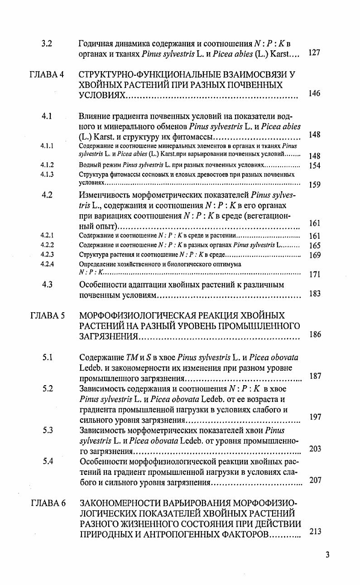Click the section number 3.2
point(47,44)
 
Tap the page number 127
point(314,53)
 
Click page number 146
point(314,93)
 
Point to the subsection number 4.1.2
point(47,165)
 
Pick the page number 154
point(314,166)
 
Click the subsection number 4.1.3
point(47,174)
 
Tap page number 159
point(314,184)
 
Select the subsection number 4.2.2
point(47,245)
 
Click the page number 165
point(314,246)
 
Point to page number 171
point(314,274)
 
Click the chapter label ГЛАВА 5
point(48,315)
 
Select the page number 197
point(315,417)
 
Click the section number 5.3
point(48,430)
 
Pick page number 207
point(315,480)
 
